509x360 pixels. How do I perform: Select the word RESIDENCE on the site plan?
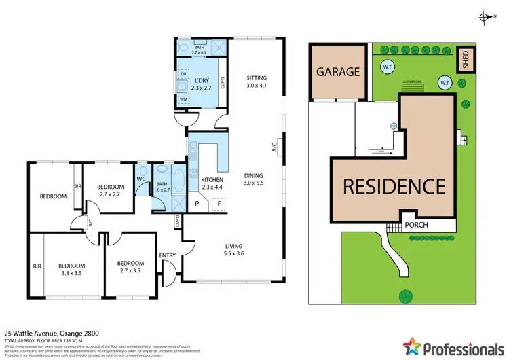[x=393, y=186]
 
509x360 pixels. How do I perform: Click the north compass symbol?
[x=484, y=18]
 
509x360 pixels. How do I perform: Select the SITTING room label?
[x=257, y=78]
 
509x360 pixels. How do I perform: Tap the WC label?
[x=142, y=179]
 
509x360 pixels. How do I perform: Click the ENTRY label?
[x=167, y=255]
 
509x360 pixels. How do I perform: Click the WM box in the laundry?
[x=183, y=100]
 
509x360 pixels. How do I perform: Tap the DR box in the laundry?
[x=183, y=73]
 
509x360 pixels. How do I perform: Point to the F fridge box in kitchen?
[x=219, y=203]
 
